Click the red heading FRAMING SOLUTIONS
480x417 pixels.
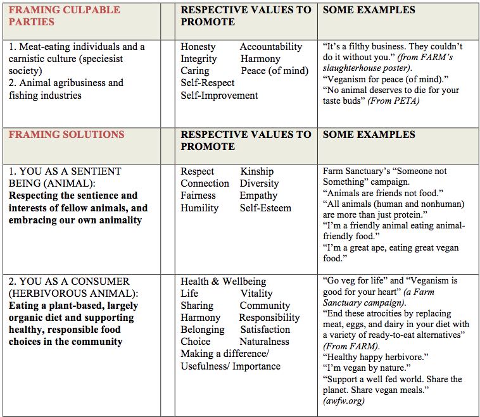66,134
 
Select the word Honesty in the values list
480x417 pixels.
198,47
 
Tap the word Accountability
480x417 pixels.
271,47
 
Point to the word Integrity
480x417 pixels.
199,59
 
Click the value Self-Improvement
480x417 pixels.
219,96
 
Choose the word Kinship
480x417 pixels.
257,171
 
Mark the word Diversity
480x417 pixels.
260,184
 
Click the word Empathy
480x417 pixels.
258,196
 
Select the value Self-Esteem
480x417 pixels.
265,208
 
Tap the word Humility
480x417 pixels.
199,208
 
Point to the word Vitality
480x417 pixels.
256,294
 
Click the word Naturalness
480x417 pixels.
265,342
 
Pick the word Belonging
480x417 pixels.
203,330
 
